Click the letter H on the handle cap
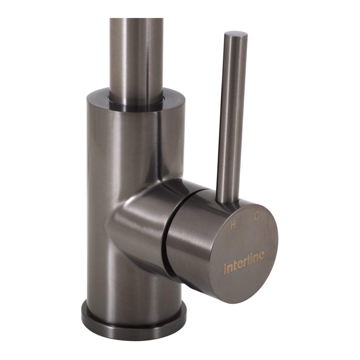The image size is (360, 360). (x=233, y=225)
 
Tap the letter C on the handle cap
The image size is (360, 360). (x=256, y=216)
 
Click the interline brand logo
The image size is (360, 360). (x=244, y=262)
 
